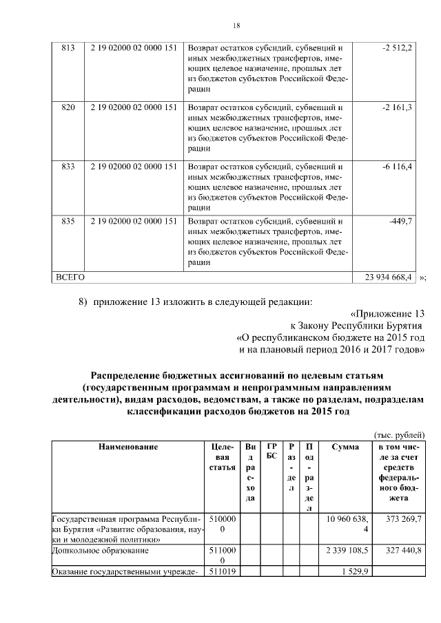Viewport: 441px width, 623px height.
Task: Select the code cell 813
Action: pos(68,47)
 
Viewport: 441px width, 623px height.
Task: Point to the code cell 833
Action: pos(68,166)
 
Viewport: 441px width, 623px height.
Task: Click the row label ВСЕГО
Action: pos(70,277)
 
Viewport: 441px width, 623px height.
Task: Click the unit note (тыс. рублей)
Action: pos(399,434)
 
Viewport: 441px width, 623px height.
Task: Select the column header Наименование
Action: pos(127,447)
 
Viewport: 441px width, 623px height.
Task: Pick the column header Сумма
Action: pos(345,447)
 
